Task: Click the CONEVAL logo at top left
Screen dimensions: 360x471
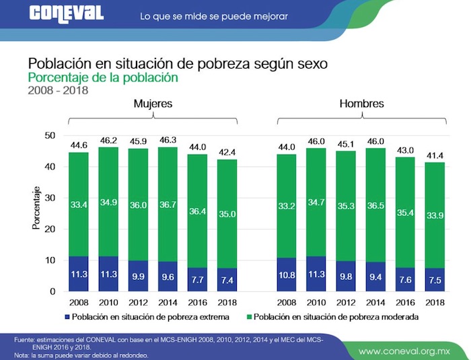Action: click(x=67, y=13)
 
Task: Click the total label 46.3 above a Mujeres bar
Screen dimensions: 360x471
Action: click(x=168, y=141)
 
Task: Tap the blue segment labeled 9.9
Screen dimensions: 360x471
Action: click(x=138, y=276)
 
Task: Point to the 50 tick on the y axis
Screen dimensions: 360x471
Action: click(x=49, y=135)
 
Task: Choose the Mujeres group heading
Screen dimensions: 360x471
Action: click(x=153, y=104)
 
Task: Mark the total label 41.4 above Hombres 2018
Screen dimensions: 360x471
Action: click(x=435, y=156)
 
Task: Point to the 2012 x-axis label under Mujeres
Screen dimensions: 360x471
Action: click(x=138, y=303)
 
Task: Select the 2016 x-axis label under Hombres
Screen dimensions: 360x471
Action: click(x=406, y=303)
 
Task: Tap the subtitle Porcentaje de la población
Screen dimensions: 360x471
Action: click(x=102, y=77)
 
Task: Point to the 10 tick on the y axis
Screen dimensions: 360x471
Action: click(x=49, y=260)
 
